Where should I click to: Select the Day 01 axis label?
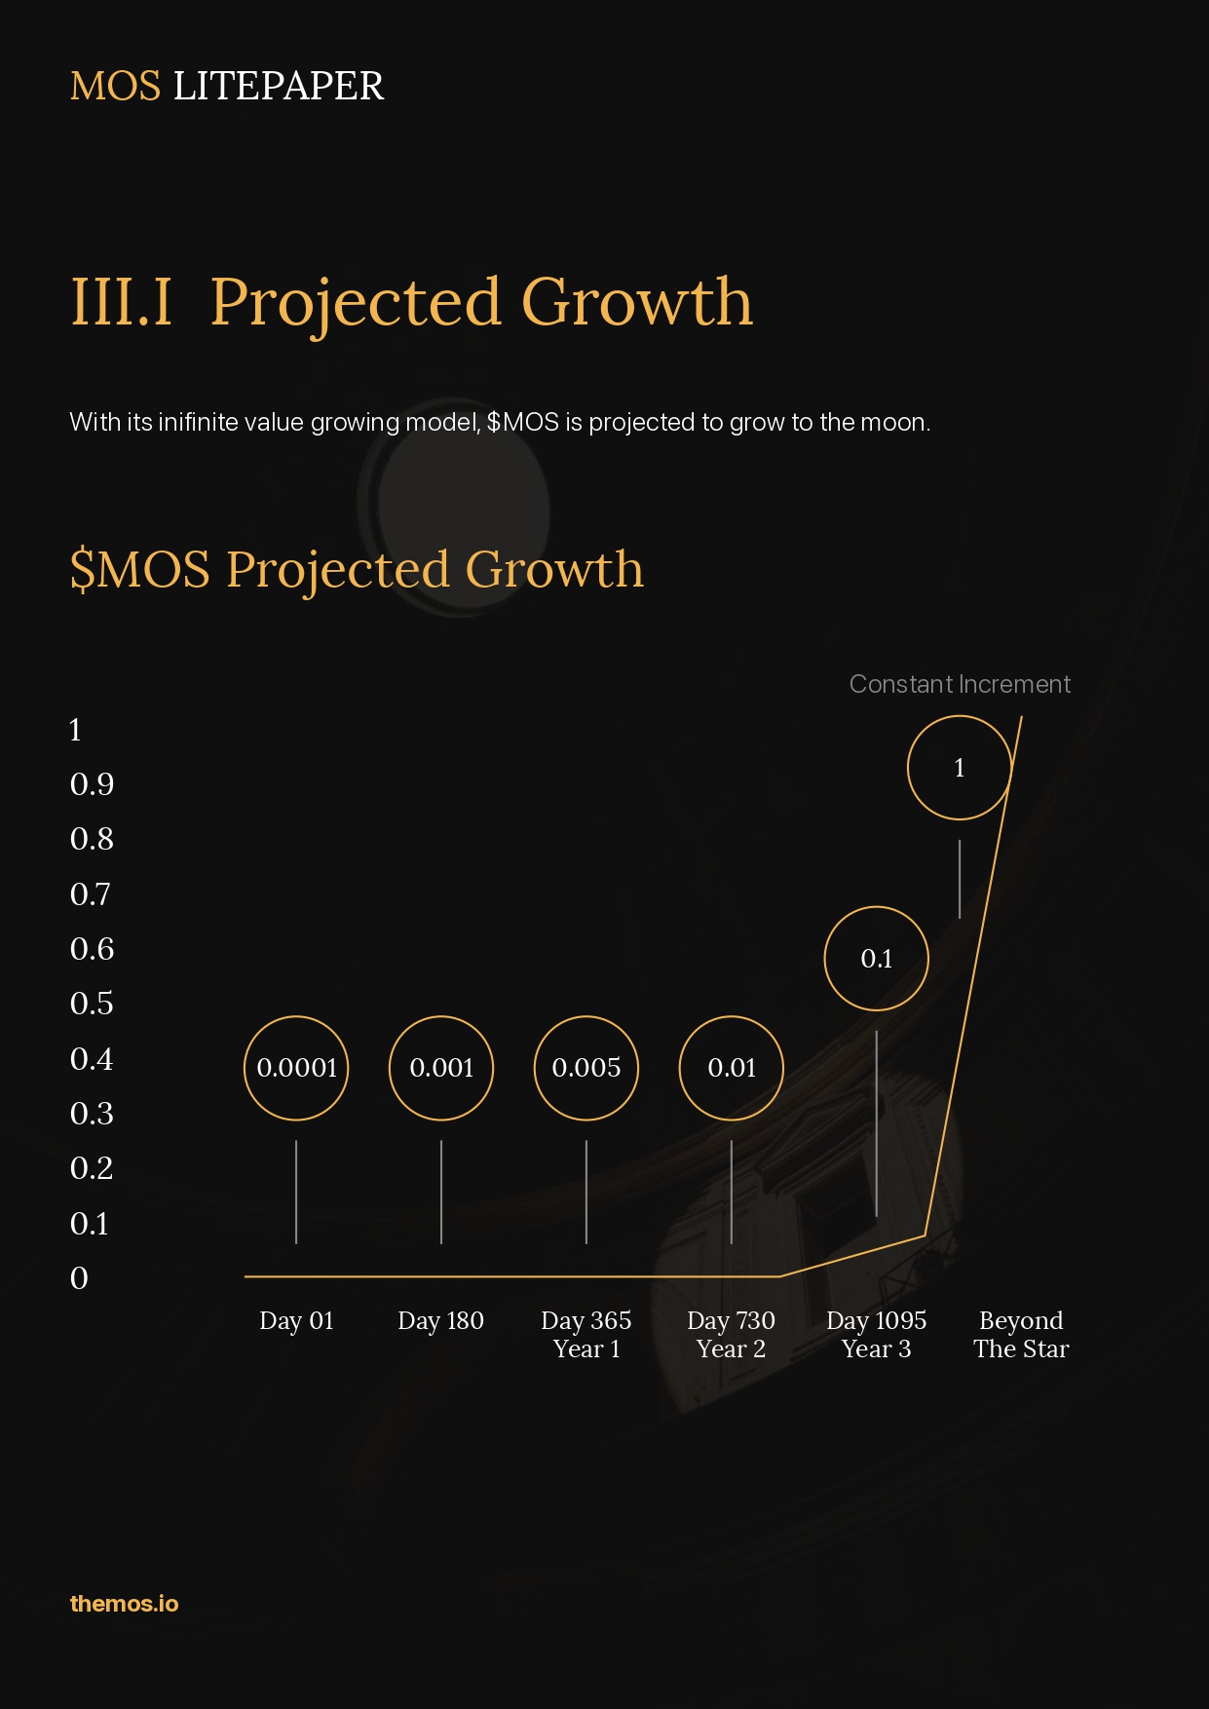(x=296, y=1320)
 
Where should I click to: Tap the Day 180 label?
(x=440, y=1320)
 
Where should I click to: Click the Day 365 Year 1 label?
(x=586, y=1335)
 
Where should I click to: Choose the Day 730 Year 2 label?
(x=731, y=1335)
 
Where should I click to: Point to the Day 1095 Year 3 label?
(x=877, y=1335)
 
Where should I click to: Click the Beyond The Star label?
(x=1021, y=1335)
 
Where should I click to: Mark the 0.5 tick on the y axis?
(x=92, y=1004)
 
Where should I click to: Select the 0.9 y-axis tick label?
(x=92, y=784)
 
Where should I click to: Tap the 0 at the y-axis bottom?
(x=79, y=1278)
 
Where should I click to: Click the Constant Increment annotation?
(x=960, y=684)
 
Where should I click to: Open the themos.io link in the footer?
(x=124, y=1604)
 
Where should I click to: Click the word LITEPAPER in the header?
(x=279, y=86)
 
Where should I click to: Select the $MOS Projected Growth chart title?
(x=357, y=569)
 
